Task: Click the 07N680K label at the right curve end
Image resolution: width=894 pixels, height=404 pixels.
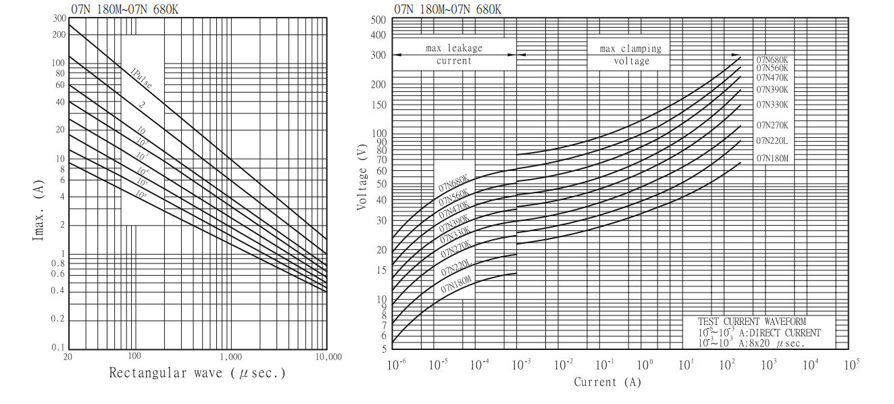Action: (772, 59)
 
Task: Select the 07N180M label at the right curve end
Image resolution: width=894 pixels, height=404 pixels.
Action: (772, 158)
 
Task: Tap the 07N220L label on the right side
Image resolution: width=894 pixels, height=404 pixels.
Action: (772, 141)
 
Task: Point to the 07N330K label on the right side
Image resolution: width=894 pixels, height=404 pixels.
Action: (772, 105)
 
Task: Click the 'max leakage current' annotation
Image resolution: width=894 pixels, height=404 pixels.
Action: (453, 55)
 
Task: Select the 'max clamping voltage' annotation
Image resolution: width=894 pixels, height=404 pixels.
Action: (630, 55)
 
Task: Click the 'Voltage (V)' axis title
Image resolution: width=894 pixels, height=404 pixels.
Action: (363, 174)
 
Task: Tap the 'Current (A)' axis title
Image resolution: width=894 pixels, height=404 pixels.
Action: (607, 382)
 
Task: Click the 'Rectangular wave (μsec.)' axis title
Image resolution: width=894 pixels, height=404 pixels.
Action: (197, 373)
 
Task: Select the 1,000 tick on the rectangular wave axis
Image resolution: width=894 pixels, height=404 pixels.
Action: (231, 357)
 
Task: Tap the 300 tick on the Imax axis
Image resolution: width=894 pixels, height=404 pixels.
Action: (59, 18)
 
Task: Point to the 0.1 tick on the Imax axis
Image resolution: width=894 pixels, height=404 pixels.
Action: (59, 347)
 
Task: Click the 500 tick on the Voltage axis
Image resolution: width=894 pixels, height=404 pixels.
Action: (378, 20)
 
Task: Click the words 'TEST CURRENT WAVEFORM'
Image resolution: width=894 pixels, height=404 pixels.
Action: (752, 322)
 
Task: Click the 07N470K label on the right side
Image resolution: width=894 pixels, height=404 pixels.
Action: (772, 77)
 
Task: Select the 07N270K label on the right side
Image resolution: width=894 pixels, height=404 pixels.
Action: (772, 125)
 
